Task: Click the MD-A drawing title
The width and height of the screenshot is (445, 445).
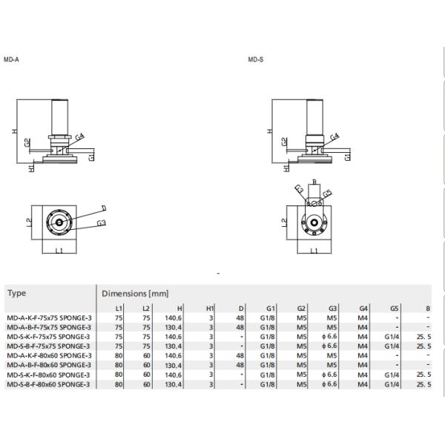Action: (x=11, y=59)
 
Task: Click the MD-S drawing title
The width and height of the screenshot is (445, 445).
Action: (x=256, y=59)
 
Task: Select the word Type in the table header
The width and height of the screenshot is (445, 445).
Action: (x=16, y=293)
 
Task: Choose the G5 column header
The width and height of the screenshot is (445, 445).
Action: (x=395, y=308)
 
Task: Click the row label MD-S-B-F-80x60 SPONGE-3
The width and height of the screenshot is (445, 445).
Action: (x=48, y=384)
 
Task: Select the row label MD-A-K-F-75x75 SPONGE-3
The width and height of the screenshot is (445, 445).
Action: (x=48, y=317)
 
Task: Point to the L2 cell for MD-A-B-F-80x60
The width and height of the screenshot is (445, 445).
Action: (x=147, y=365)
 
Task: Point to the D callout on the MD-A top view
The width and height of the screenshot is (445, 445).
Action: (x=103, y=208)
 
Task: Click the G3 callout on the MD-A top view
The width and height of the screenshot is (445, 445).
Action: (x=102, y=222)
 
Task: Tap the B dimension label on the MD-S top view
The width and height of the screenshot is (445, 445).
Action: (x=314, y=181)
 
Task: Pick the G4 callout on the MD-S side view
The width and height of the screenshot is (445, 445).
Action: (x=334, y=136)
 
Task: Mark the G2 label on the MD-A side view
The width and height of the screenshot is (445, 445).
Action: (x=27, y=142)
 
